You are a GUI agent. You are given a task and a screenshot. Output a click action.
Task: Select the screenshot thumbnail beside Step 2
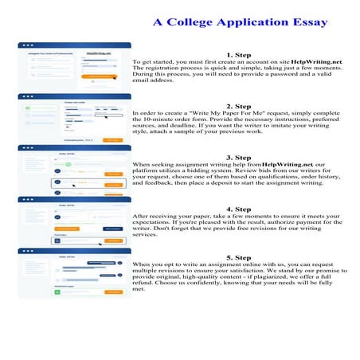pos(76,118)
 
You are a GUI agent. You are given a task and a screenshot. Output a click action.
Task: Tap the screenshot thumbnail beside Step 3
pos(76,169)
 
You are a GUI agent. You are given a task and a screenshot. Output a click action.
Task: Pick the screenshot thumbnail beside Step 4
pos(76,221)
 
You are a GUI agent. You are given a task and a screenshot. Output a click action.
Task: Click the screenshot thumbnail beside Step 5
pos(76,272)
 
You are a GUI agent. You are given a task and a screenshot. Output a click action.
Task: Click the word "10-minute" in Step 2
pos(162,120)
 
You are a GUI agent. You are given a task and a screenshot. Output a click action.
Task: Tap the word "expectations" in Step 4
pos(155,222)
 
